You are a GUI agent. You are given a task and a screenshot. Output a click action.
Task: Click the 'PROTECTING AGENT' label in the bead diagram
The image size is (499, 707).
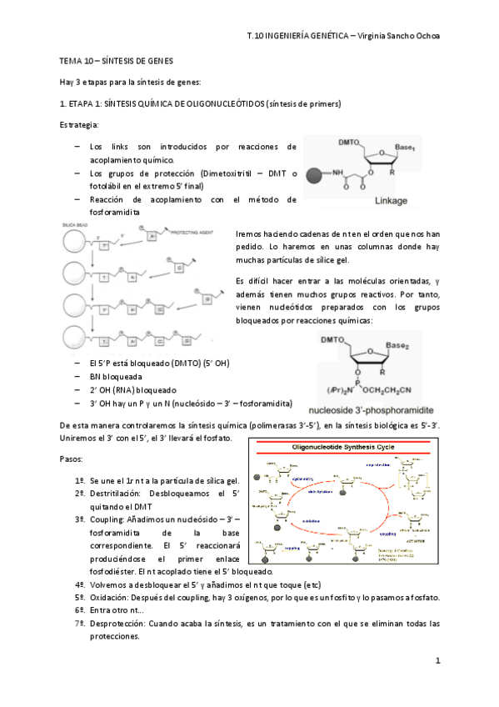tap(192, 235)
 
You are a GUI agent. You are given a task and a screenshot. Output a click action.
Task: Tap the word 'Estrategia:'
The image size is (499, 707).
tap(78, 125)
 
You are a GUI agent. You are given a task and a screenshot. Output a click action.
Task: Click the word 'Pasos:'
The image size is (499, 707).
tap(72, 459)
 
